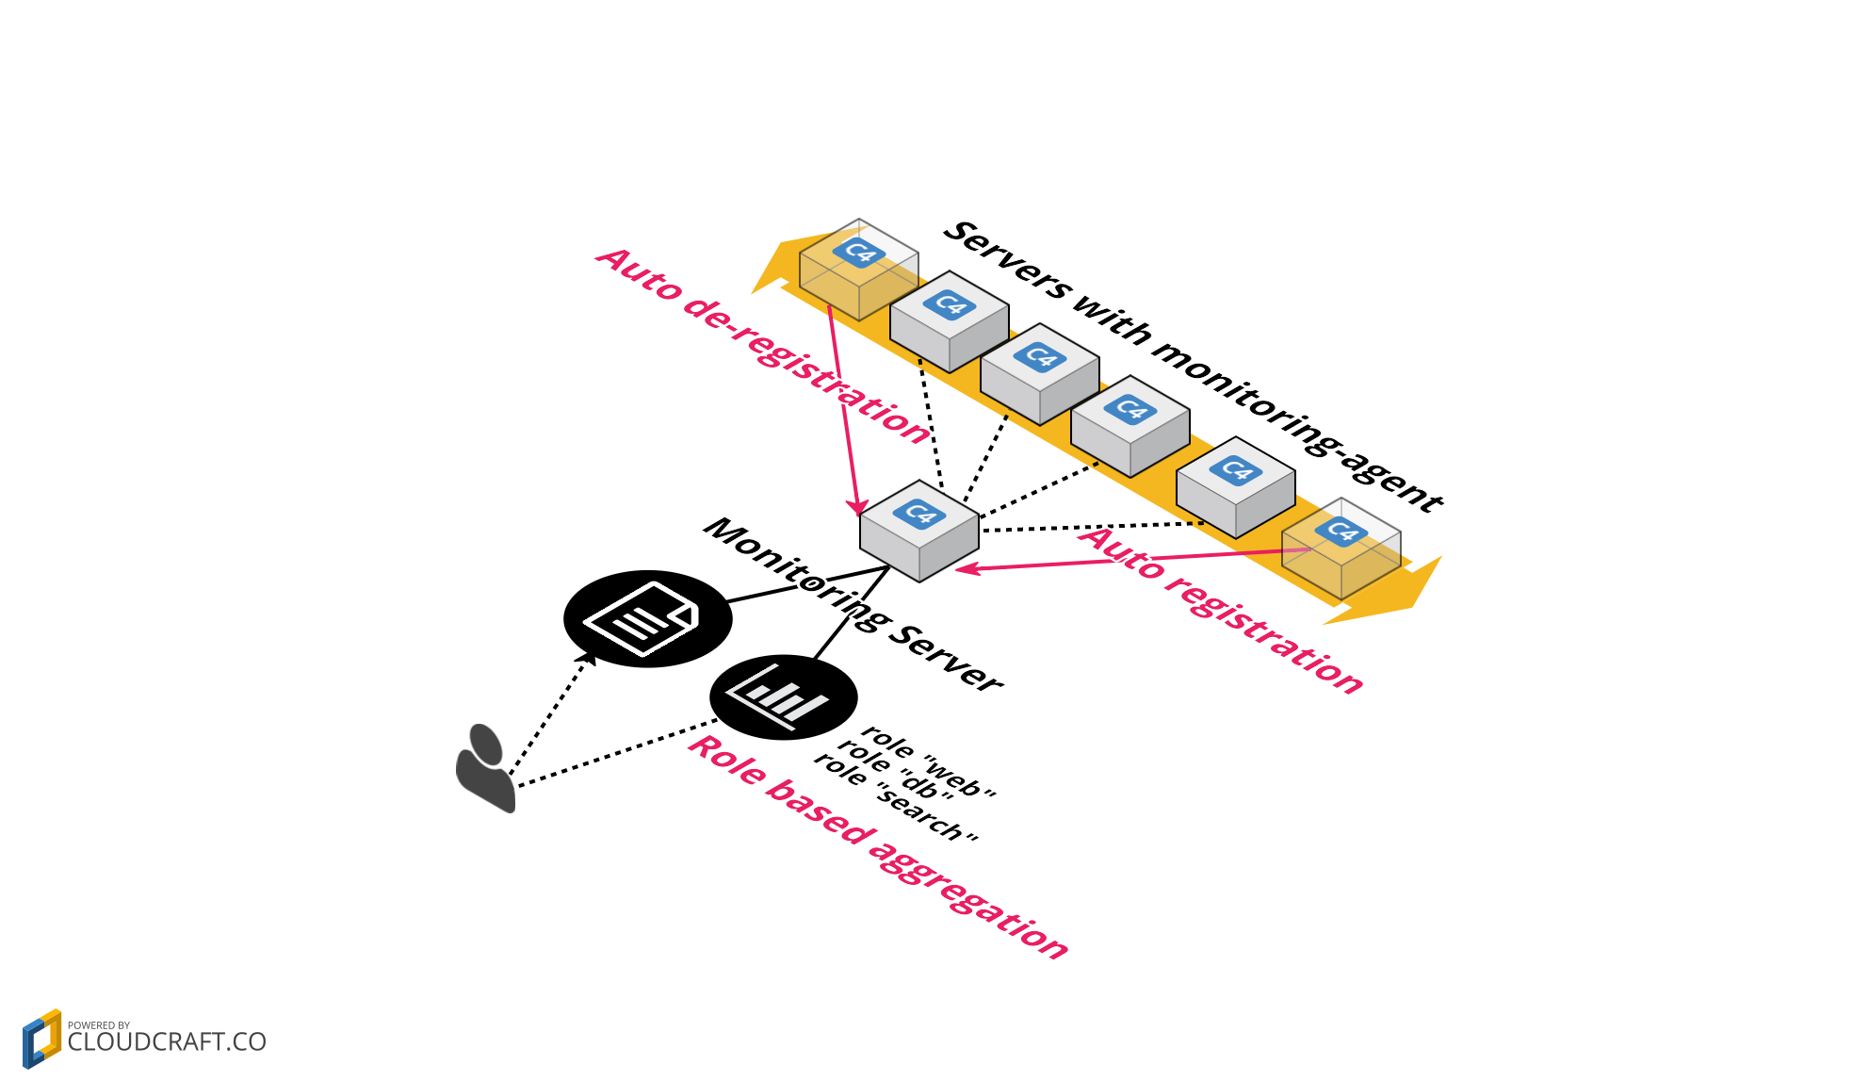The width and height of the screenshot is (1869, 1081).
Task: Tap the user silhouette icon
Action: click(486, 768)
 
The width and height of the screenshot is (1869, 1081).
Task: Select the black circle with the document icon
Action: click(647, 619)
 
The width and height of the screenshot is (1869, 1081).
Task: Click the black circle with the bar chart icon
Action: click(783, 697)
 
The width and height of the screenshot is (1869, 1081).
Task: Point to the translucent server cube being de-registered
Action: click(858, 270)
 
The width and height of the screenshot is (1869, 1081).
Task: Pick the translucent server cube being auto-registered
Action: click(1341, 549)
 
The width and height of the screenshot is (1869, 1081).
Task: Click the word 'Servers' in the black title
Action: click(1009, 260)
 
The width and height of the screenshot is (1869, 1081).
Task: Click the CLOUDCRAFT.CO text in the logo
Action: click(167, 1042)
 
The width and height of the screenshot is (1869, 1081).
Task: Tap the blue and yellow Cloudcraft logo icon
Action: click(41, 1039)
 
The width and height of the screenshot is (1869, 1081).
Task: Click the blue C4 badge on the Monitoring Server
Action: click(918, 514)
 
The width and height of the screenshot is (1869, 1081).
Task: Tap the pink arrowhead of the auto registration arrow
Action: click(965, 568)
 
